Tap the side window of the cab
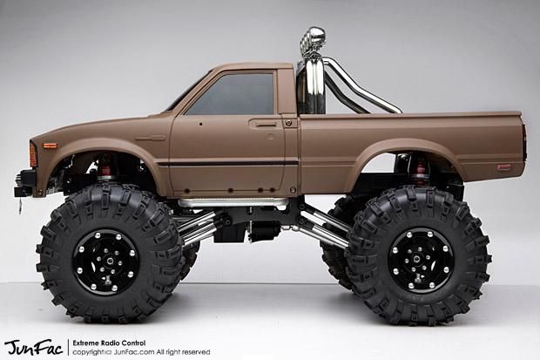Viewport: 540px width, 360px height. [x=230, y=94]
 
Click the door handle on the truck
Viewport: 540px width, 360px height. [x=267, y=124]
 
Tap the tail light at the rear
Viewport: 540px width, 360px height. [x=523, y=139]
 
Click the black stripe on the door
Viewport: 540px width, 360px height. [x=226, y=163]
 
